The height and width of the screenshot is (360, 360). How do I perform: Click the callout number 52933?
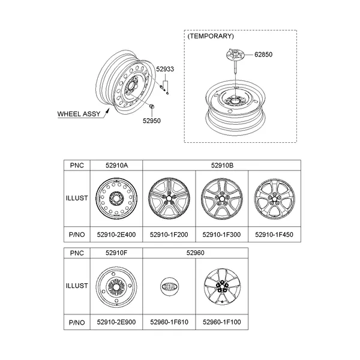(x=165, y=70)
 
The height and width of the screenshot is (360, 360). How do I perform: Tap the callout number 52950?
(x=152, y=119)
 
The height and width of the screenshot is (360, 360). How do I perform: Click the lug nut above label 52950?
(x=152, y=107)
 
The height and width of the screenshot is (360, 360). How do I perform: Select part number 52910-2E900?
(x=116, y=322)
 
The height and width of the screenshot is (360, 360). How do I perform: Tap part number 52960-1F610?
(x=170, y=322)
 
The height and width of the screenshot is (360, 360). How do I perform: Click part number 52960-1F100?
(x=222, y=322)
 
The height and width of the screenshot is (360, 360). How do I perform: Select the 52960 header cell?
(x=196, y=253)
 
